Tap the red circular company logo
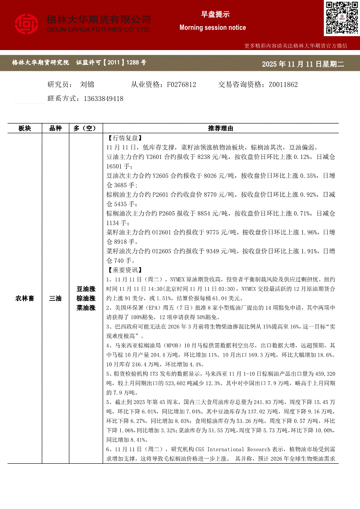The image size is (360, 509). (x=27, y=24)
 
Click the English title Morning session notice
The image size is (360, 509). (x=212, y=27)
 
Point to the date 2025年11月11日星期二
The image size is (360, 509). (x=303, y=64)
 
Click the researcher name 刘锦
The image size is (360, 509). (x=87, y=84)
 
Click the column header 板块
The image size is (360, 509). (x=25, y=128)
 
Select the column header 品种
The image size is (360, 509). (x=56, y=128)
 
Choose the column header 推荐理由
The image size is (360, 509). (x=221, y=128)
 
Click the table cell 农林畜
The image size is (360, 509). (x=25, y=298)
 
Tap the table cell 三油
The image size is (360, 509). (x=56, y=298)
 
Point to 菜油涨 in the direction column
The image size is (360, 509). (x=86, y=308)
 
